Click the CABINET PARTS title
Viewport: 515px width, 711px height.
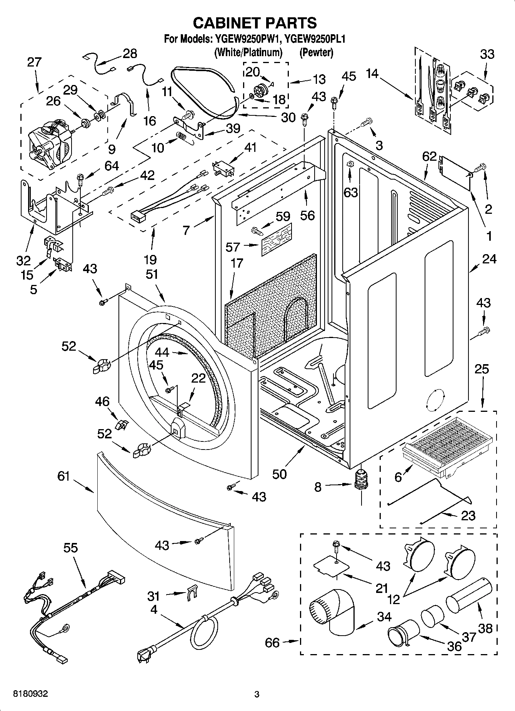(255, 23)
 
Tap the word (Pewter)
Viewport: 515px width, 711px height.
(316, 52)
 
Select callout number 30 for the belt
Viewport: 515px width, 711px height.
(288, 118)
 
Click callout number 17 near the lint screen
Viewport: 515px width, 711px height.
(237, 263)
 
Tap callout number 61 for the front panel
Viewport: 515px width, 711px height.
(63, 476)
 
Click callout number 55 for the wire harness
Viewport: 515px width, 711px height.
(71, 548)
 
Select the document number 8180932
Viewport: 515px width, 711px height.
(31, 694)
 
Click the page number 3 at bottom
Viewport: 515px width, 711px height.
(257, 694)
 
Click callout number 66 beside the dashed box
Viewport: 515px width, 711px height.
(272, 642)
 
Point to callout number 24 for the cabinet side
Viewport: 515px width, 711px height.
(489, 259)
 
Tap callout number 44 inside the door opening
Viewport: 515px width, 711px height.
(163, 352)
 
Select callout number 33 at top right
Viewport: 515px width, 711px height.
(487, 54)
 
